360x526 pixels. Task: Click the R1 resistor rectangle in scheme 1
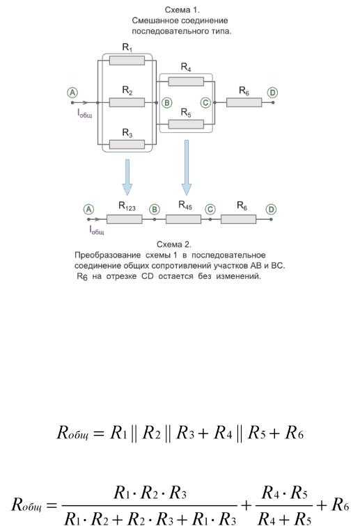[x=127, y=61]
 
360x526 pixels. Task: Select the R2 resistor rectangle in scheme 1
[x=127, y=102]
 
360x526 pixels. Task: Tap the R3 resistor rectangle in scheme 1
[x=127, y=145]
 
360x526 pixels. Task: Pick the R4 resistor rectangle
[x=186, y=81]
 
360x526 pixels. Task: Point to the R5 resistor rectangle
[x=186, y=124]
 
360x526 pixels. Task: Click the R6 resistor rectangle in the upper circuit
[x=244, y=102]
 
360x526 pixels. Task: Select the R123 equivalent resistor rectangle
[x=124, y=219]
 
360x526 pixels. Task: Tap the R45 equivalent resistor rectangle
[x=183, y=219]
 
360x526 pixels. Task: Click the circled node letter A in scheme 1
[x=72, y=93]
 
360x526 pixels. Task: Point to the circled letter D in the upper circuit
[x=273, y=93]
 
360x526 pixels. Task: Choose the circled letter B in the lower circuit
[x=154, y=209]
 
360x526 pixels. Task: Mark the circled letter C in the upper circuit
[x=205, y=102]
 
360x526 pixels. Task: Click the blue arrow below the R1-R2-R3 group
[x=127, y=177]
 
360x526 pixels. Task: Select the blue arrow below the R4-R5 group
[x=187, y=168]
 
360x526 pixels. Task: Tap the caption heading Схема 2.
[x=174, y=244]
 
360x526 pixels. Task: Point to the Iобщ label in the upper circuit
[x=85, y=113]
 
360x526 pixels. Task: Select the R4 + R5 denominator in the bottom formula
[x=284, y=518]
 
